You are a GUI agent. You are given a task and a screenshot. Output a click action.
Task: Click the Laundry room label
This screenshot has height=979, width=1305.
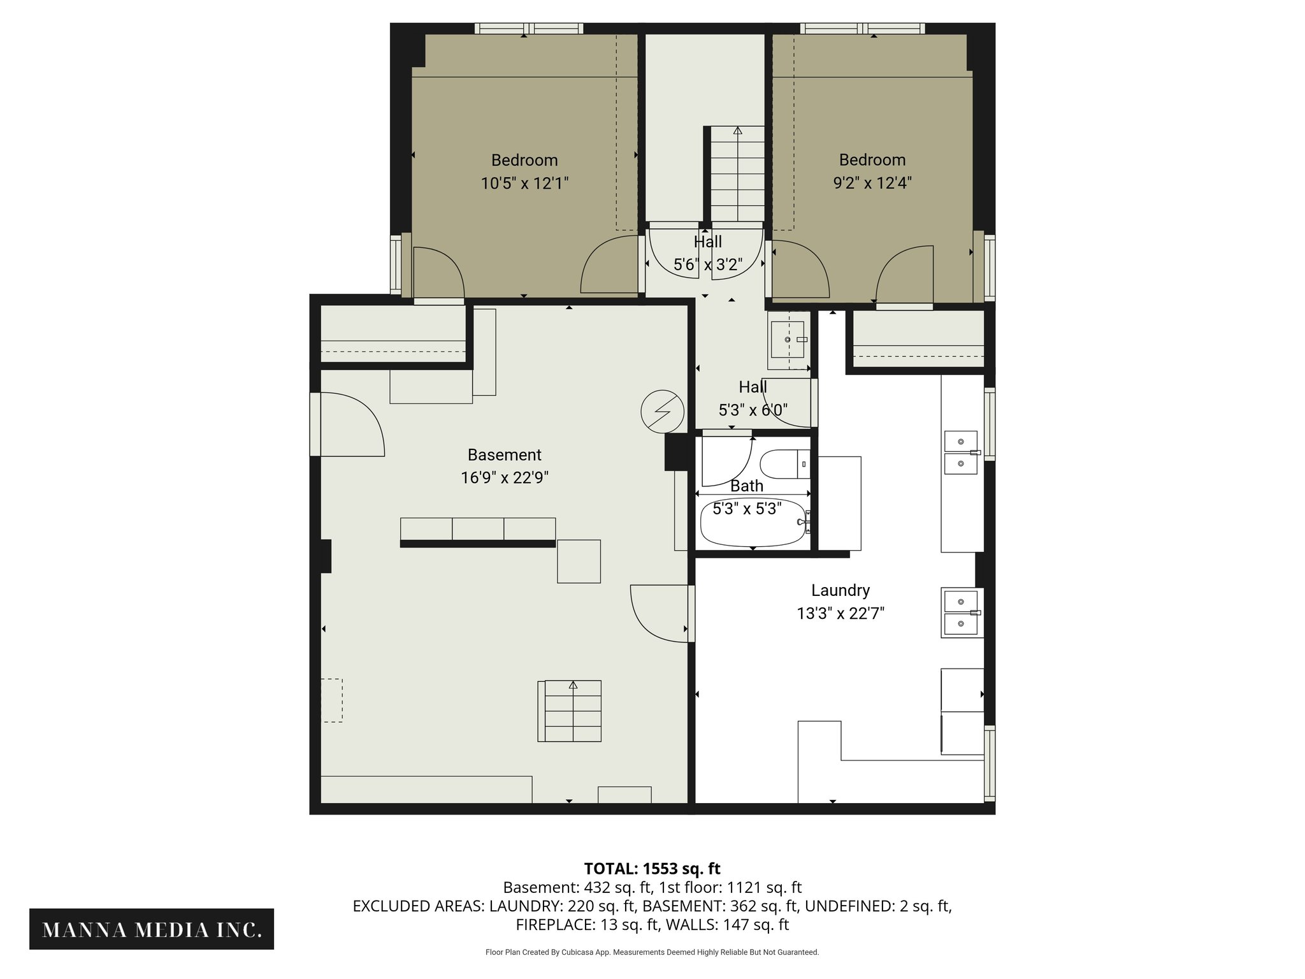(840, 590)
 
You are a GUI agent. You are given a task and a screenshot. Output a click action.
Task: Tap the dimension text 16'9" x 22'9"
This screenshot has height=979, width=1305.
(505, 477)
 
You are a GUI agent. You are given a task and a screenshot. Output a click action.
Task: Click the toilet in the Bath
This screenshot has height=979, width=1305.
(784, 464)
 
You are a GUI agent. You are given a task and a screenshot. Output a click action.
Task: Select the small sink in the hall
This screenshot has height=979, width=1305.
(789, 340)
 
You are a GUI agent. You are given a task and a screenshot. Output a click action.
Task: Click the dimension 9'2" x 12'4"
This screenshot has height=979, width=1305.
(872, 183)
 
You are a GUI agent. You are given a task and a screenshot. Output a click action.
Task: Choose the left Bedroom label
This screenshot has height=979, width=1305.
(524, 160)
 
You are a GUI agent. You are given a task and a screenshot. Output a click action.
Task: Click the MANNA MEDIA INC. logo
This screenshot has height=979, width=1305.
(152, 930)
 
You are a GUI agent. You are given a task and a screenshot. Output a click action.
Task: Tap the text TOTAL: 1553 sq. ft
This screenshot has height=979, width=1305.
(652, 869)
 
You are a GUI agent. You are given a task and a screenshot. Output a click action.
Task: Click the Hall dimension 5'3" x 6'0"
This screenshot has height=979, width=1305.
(753, 410)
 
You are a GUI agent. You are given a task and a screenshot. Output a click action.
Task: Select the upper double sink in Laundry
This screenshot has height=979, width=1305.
(961, 453)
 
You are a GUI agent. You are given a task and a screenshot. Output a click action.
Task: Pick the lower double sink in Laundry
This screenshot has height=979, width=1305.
(961, 613)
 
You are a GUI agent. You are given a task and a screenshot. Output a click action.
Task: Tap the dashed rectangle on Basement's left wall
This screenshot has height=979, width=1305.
(331, 700)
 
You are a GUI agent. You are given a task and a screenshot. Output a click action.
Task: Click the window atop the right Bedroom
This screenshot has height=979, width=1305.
(862, 28)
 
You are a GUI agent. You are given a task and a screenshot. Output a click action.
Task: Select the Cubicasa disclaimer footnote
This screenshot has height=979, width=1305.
(652, 952)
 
